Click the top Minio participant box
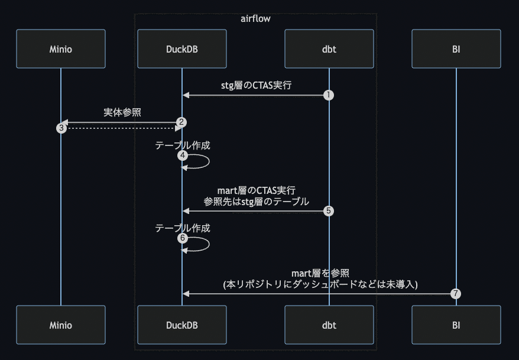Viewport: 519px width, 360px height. [x=60, y=49]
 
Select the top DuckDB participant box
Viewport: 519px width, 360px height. [x=181, y=49]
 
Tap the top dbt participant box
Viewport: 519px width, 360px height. [x=329, y=49]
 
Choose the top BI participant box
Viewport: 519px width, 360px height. [x=456, y=49]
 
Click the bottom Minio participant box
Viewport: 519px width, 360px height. [x=60, y=325]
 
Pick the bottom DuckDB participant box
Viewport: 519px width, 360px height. [x=181, y=325]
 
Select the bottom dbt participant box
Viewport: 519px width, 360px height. [x=329, y=325]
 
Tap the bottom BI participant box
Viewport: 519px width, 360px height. [x=456, y=325]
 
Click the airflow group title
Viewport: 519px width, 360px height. [x=255, y=19]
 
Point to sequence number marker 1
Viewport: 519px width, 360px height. [x=329, y=95]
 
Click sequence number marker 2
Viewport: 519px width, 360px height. [x=182, y=122]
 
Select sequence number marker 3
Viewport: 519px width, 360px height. [x=61, y=128]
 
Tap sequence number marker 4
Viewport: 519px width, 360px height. [x=182, y=155]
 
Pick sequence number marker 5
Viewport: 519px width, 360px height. [x=329, y=211]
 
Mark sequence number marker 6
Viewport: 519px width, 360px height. [x=182, y=238]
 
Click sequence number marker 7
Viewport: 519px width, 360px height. [x=455, y=293]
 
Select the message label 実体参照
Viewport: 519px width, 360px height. [x=122, y=112]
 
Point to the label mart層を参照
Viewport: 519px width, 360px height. [x=320, y=273]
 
